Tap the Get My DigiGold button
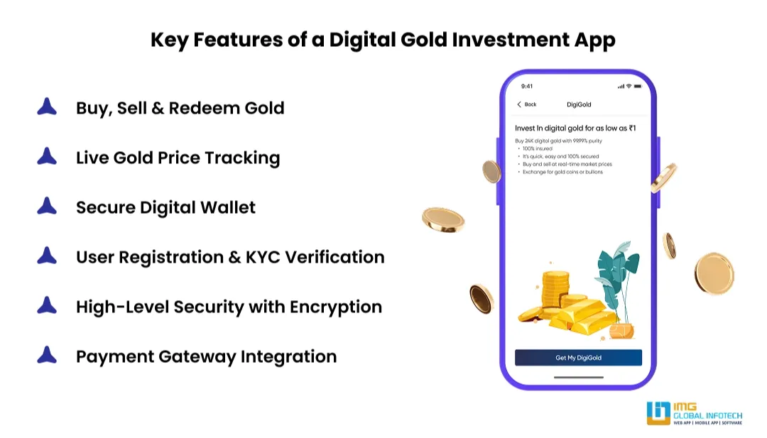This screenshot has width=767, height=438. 578,358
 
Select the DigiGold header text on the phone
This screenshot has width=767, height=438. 579,104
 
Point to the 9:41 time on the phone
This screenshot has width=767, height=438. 527,87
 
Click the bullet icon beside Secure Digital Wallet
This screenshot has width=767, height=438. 47,207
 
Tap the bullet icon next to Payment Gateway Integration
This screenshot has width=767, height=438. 47,355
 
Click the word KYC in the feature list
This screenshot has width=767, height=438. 268,257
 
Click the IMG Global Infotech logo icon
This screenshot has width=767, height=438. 658,413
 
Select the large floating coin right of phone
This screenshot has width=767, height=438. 713,273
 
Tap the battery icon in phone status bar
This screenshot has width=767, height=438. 638,87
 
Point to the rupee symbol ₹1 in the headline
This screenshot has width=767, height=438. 631,128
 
